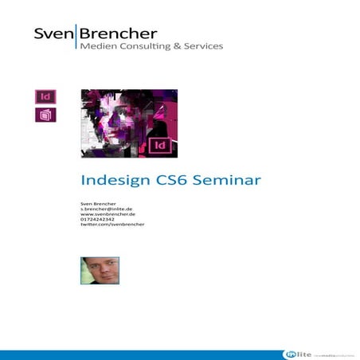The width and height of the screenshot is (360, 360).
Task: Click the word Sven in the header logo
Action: pos(53,33)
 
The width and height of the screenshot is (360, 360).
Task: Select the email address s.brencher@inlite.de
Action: pos(107,209)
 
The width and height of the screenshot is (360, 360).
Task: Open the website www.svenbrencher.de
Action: pos(108,214)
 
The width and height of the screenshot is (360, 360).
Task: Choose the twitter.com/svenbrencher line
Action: pos(112,225)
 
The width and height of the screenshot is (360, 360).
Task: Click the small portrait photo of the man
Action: pos(100,271)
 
